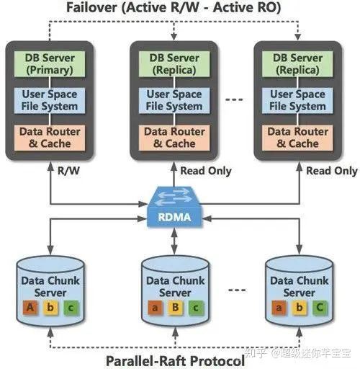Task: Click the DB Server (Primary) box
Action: (x=50, y=64)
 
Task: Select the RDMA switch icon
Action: (x=174, y=207)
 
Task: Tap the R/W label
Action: (x=68, y=171)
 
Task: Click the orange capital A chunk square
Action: (x=30, y=307)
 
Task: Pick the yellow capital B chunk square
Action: (x=176, y=307)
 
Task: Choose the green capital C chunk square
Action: (x=320, y=307)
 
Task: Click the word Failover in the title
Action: (x=92, y=7)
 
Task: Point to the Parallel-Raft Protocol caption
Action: (x=175, y=361)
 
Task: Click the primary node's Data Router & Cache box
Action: (x=50, y=138)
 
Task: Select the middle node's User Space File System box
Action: (x=174, y=100)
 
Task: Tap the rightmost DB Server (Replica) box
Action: (x=297, y=64)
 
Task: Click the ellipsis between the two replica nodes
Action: (x=234, y=99)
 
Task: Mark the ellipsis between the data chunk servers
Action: (x=237, y=290)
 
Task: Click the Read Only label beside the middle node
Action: (x=206, y=171)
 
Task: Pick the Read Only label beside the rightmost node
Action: (x=332, y=171)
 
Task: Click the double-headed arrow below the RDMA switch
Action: (x=174, y=241)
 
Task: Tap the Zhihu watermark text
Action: (x=297, y=353)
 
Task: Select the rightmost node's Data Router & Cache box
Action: (x=297, y=138)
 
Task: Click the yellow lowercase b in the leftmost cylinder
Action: (x=50, y=307)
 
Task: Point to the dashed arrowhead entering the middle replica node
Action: (x=174, y=37)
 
